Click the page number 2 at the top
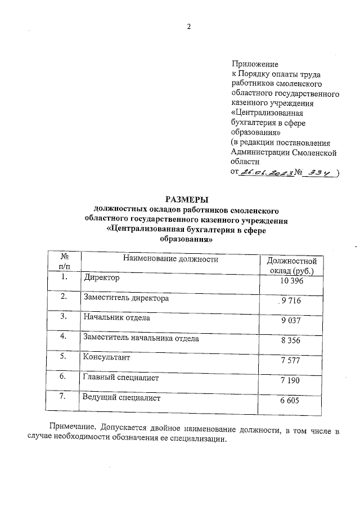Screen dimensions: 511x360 pos(189,26)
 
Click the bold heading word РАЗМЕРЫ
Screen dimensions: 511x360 pos(186,199)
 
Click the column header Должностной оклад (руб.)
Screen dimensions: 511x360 pos(291,266)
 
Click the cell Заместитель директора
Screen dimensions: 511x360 pos(126,298)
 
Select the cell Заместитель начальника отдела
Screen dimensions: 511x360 pos(141,338)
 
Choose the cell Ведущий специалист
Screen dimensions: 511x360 pos(121,398)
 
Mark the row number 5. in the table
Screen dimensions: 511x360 pos(64,356)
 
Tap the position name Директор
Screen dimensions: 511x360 pos(101,277)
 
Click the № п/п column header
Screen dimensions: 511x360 pos(64,262)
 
